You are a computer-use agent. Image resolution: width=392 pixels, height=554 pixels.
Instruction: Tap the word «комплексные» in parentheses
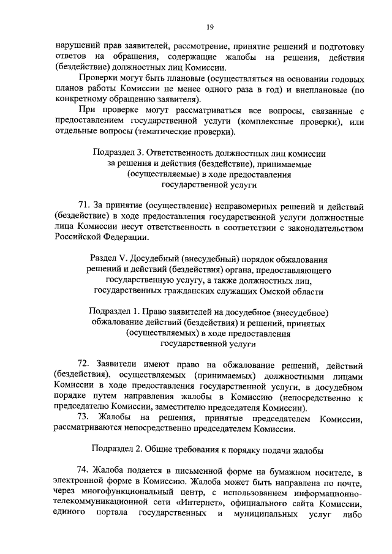click(279, 121)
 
